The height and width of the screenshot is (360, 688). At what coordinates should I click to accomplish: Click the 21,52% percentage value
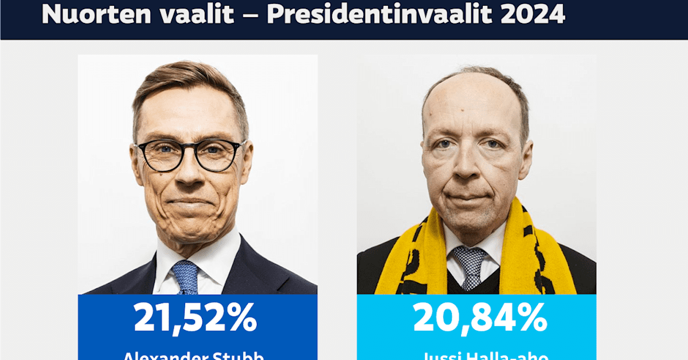tap(196, 319)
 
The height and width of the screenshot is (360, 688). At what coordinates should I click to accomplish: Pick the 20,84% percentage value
tap(480, 319)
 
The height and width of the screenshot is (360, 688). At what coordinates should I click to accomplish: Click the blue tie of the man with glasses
tap(185, 276)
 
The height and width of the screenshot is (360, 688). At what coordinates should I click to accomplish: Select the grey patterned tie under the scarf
tap(470, 266)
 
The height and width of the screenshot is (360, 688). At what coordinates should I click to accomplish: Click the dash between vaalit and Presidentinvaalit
tap(250, 16)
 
